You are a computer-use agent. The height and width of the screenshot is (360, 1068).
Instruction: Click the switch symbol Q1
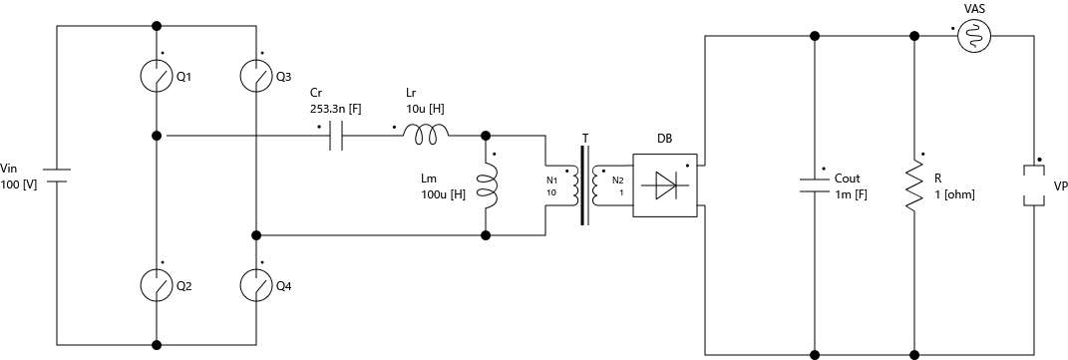pyautogui.click(x=156, y=77)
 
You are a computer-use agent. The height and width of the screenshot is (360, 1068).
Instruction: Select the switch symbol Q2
pyautogui.click(x=156, y=285)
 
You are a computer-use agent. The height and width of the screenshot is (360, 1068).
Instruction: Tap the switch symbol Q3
pyautogui.click(x=256, y=77)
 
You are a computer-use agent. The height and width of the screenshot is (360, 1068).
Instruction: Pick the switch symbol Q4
pyautogui.click(x=256, y=285)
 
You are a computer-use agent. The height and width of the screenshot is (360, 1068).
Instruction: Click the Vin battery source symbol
pyautogui.click(x=57, y=177)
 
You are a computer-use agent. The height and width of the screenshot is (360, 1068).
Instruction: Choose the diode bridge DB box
pyautogui.click(x=664, y=184)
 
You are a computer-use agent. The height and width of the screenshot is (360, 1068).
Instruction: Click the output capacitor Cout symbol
pyautogui.click(x=815, y=184)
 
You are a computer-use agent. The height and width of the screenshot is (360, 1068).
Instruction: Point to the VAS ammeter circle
pyautogui.click(x=973, y=37)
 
